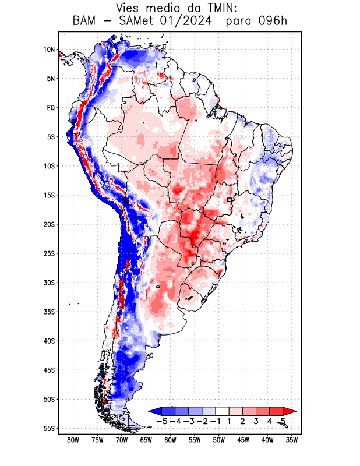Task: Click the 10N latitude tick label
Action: point(49,50)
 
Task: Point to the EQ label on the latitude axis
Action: point(51,108)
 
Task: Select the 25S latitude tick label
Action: point(49,253)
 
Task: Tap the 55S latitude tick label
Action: point(49,428)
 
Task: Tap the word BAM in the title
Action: point(86,22)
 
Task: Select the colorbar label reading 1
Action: point(229,421)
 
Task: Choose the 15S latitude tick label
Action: point(49,195)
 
